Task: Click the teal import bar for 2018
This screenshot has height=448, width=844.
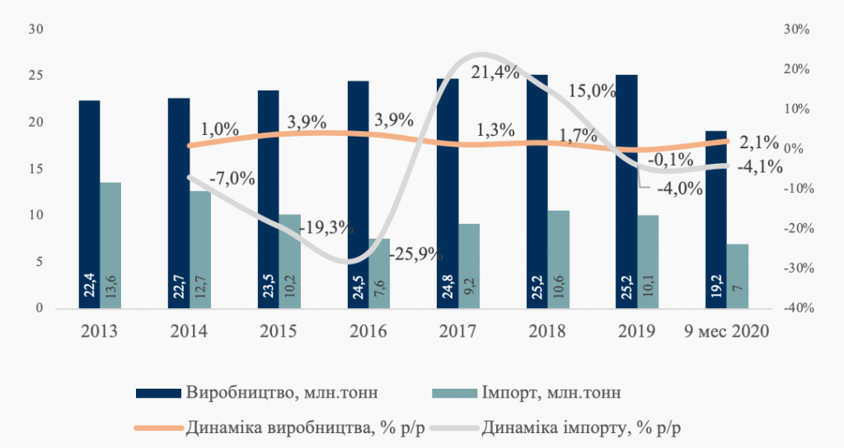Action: click(559, 259)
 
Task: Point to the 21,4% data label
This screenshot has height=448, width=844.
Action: click(495, 72)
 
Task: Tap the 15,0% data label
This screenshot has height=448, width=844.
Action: click(592, 91)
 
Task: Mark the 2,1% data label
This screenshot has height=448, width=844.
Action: click(758, 142)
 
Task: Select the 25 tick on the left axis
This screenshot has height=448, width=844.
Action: click(35, 76)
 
